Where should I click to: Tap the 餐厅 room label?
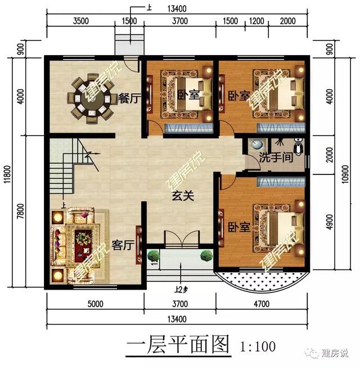[x=129, y=98]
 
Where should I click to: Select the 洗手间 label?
[x=276, y=158]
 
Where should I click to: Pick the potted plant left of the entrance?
[x=153, y=256]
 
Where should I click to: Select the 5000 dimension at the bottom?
[x=95, y=304]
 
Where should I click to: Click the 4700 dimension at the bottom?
[x=263, y=304]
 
